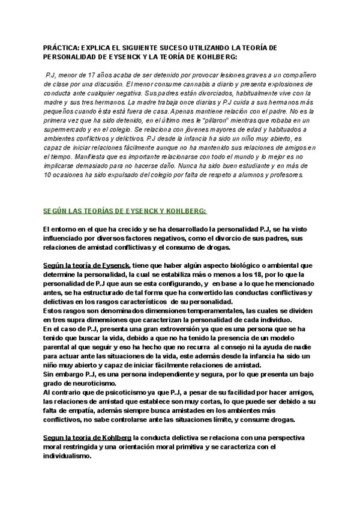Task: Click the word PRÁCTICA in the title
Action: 61,47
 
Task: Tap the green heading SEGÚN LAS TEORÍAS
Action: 125,211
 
